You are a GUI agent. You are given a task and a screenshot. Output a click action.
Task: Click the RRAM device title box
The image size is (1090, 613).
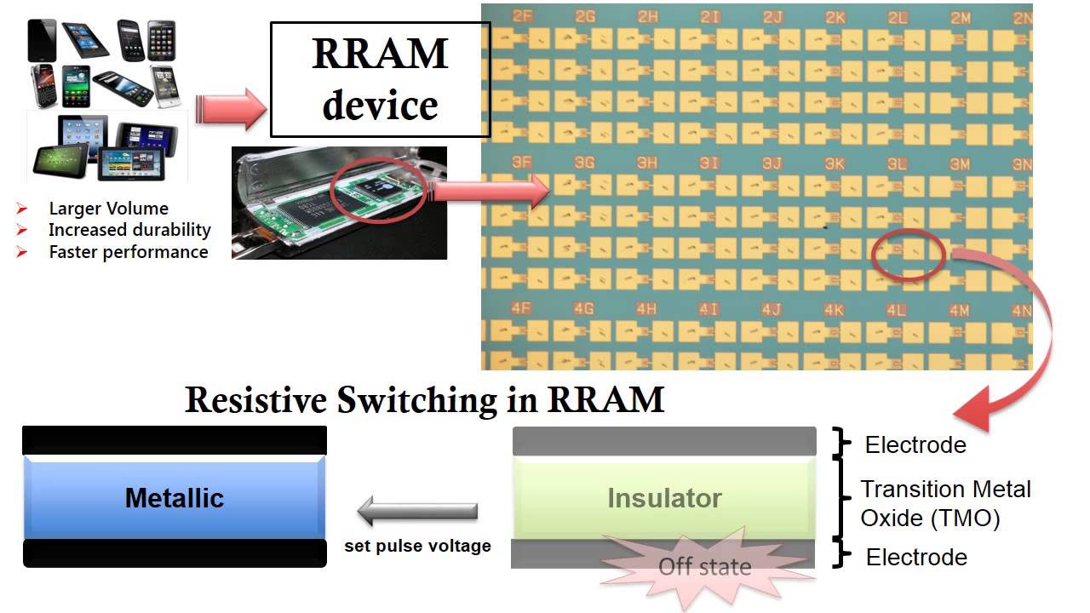tap(380, 80)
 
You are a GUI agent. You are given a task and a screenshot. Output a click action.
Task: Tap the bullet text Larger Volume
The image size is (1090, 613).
tap(108, 209)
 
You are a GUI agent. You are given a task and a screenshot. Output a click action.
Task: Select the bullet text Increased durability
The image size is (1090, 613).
tap(129, 230)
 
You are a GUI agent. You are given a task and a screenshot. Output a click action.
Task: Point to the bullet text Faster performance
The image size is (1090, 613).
tap(128, 252)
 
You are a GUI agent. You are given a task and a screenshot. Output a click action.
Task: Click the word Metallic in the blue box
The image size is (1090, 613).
tap(174, 498)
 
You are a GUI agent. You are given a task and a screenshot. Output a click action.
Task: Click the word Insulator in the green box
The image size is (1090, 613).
tap(664, 498)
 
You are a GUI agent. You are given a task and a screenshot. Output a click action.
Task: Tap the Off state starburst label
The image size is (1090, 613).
tap(705, 567)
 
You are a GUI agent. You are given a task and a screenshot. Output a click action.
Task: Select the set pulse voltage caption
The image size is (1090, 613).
tap(417, 546)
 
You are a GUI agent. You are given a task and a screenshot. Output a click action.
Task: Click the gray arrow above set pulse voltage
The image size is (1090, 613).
tap(417, 512)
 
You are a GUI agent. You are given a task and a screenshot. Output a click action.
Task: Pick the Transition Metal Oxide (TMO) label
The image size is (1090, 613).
tap(945, 503)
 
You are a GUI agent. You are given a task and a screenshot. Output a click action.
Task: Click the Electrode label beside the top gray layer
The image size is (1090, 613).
tap(915, 444)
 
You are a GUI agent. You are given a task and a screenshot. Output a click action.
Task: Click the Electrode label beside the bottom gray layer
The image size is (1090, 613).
tap(916, 557)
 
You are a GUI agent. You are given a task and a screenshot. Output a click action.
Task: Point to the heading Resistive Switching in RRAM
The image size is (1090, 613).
tap(424, 399)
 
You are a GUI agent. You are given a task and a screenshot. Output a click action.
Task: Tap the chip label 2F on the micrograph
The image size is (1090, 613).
tap(522, 16)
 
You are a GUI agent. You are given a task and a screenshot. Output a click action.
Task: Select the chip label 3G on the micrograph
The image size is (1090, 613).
tap(584, 163)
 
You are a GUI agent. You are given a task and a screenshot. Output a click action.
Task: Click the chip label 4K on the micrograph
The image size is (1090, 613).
tap(834, 310)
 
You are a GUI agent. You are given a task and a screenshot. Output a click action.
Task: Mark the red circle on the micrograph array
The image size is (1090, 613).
tap(908, 254)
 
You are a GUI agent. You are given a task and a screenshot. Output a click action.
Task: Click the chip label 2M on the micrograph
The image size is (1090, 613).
tap(961, 17)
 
